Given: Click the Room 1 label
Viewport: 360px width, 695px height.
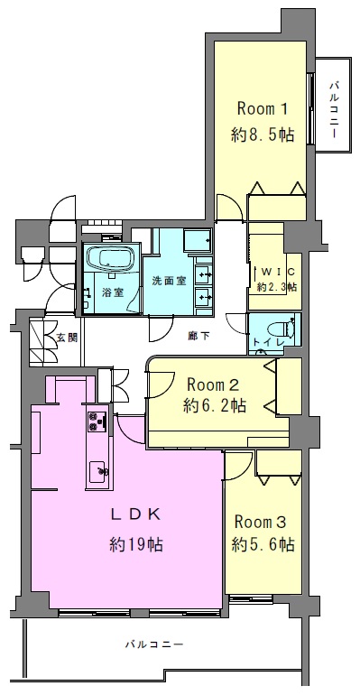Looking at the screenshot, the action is coord(263,108).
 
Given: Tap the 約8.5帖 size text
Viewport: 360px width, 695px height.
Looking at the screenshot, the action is coord(263,134).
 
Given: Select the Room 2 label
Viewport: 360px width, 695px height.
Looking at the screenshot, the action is coord(213,385).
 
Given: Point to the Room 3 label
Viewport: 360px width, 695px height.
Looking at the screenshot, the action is coord(261,522).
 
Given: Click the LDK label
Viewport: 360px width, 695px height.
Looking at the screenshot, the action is coord(135,514).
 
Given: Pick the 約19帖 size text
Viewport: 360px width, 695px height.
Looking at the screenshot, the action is coord(136,544).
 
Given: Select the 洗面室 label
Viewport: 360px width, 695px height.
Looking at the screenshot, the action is coord(169,281).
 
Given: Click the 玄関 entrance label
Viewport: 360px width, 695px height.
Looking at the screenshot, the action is coord(68,338).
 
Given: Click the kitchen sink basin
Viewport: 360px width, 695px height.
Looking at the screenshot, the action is coord(97,472).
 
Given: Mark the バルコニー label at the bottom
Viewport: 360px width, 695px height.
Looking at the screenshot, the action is coord(153,644).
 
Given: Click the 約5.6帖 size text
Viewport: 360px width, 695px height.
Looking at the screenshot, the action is coord(263,544).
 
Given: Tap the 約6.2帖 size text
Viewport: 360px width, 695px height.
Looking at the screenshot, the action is coord(216,405).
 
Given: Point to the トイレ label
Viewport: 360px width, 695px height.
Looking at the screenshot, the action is coord(265,342).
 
